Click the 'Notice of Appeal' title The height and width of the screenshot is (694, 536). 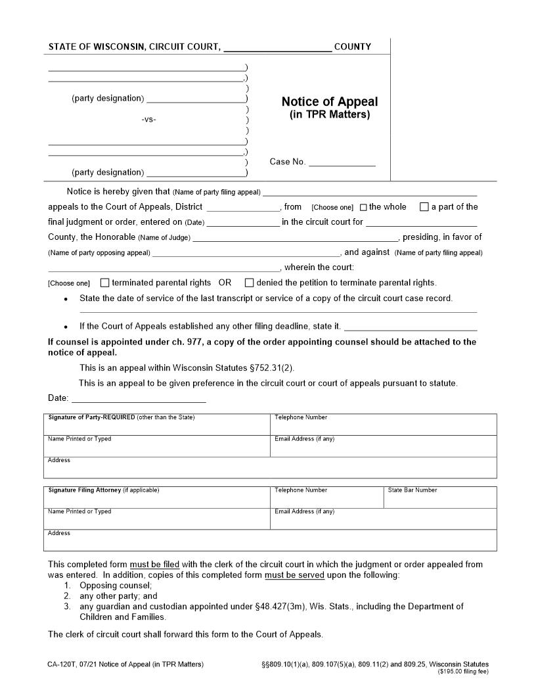[x=330, y=102]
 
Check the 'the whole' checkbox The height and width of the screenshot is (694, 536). [x=363, y=208]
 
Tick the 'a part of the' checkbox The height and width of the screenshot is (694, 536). [x=424, y=207]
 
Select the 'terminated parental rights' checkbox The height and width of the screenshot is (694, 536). [x=104, y=283]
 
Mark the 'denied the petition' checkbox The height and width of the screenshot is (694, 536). [x=249, y=283]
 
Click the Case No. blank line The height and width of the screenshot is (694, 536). [x=342, y=162]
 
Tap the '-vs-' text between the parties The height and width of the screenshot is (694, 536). [x=148, y=120]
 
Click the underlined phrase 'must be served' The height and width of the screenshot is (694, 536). [x=294, y=575]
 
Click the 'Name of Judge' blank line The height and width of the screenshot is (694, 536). [x=295, y=238]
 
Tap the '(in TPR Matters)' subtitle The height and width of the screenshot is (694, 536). [x=330, y=115]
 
